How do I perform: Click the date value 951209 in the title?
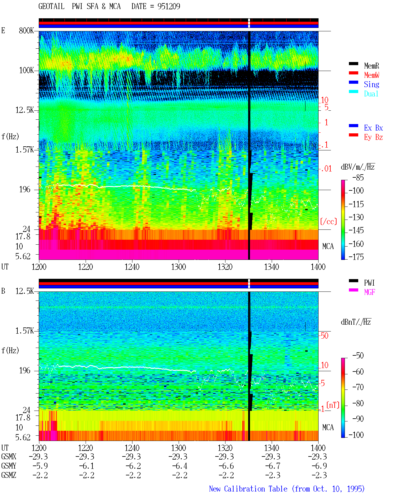(x=169, y=6)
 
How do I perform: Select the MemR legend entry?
(x=371, y=66)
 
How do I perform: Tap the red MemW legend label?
(x=371, y=75)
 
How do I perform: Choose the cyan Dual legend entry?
(x=371, y=94)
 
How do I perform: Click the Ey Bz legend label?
(x=373, y=137)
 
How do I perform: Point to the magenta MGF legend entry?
(x=369, y=292)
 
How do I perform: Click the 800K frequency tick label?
(x=26, y=30)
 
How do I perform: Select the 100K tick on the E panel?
(x=26, y=70)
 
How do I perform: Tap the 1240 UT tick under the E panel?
(x=132, y=267)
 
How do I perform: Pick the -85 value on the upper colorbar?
(x=358, y=177)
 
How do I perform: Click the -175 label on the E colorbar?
(x=356, y=257)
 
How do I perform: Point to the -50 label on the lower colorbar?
(x=358, y=356)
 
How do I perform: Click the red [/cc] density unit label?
(x=328, y=221)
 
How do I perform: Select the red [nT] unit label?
(x=333, y=405)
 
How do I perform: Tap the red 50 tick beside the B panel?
(x=324, y=336)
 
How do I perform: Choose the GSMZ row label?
(x=9, y=475)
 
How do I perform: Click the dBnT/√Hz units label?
(x=356, y=322)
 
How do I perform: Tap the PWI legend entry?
(x=369, y=283)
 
